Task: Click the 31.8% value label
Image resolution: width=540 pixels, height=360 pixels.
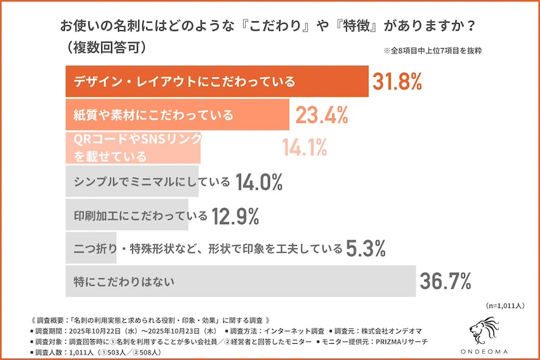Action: point(397,82)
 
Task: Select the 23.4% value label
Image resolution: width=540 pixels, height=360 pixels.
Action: point(321,115)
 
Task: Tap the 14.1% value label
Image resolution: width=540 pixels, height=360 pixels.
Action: point(304,147)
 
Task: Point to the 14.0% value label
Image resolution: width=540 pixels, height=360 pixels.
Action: point(258,182)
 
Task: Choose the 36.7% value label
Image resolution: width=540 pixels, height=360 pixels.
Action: point(445,280)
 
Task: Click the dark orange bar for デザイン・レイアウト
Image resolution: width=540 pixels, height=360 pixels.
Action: point(216,82)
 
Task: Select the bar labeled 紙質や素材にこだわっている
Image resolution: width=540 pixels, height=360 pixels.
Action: point(177,115)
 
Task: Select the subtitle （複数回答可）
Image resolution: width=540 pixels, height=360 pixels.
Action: point(105,48)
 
